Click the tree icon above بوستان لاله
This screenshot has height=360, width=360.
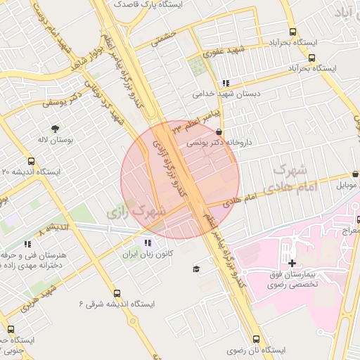[55, 128]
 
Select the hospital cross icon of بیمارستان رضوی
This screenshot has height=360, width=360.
[292, 262]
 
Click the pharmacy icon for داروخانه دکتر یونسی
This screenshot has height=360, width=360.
[219, 131]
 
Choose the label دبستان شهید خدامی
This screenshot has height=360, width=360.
[227, 93]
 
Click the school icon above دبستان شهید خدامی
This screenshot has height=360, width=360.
[225, 83]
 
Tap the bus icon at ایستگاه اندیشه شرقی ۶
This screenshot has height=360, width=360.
[117, 294]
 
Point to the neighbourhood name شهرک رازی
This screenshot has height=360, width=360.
[137, 210]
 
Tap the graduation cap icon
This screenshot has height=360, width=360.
[196, 269]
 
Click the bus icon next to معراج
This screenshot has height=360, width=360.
[356, 219]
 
